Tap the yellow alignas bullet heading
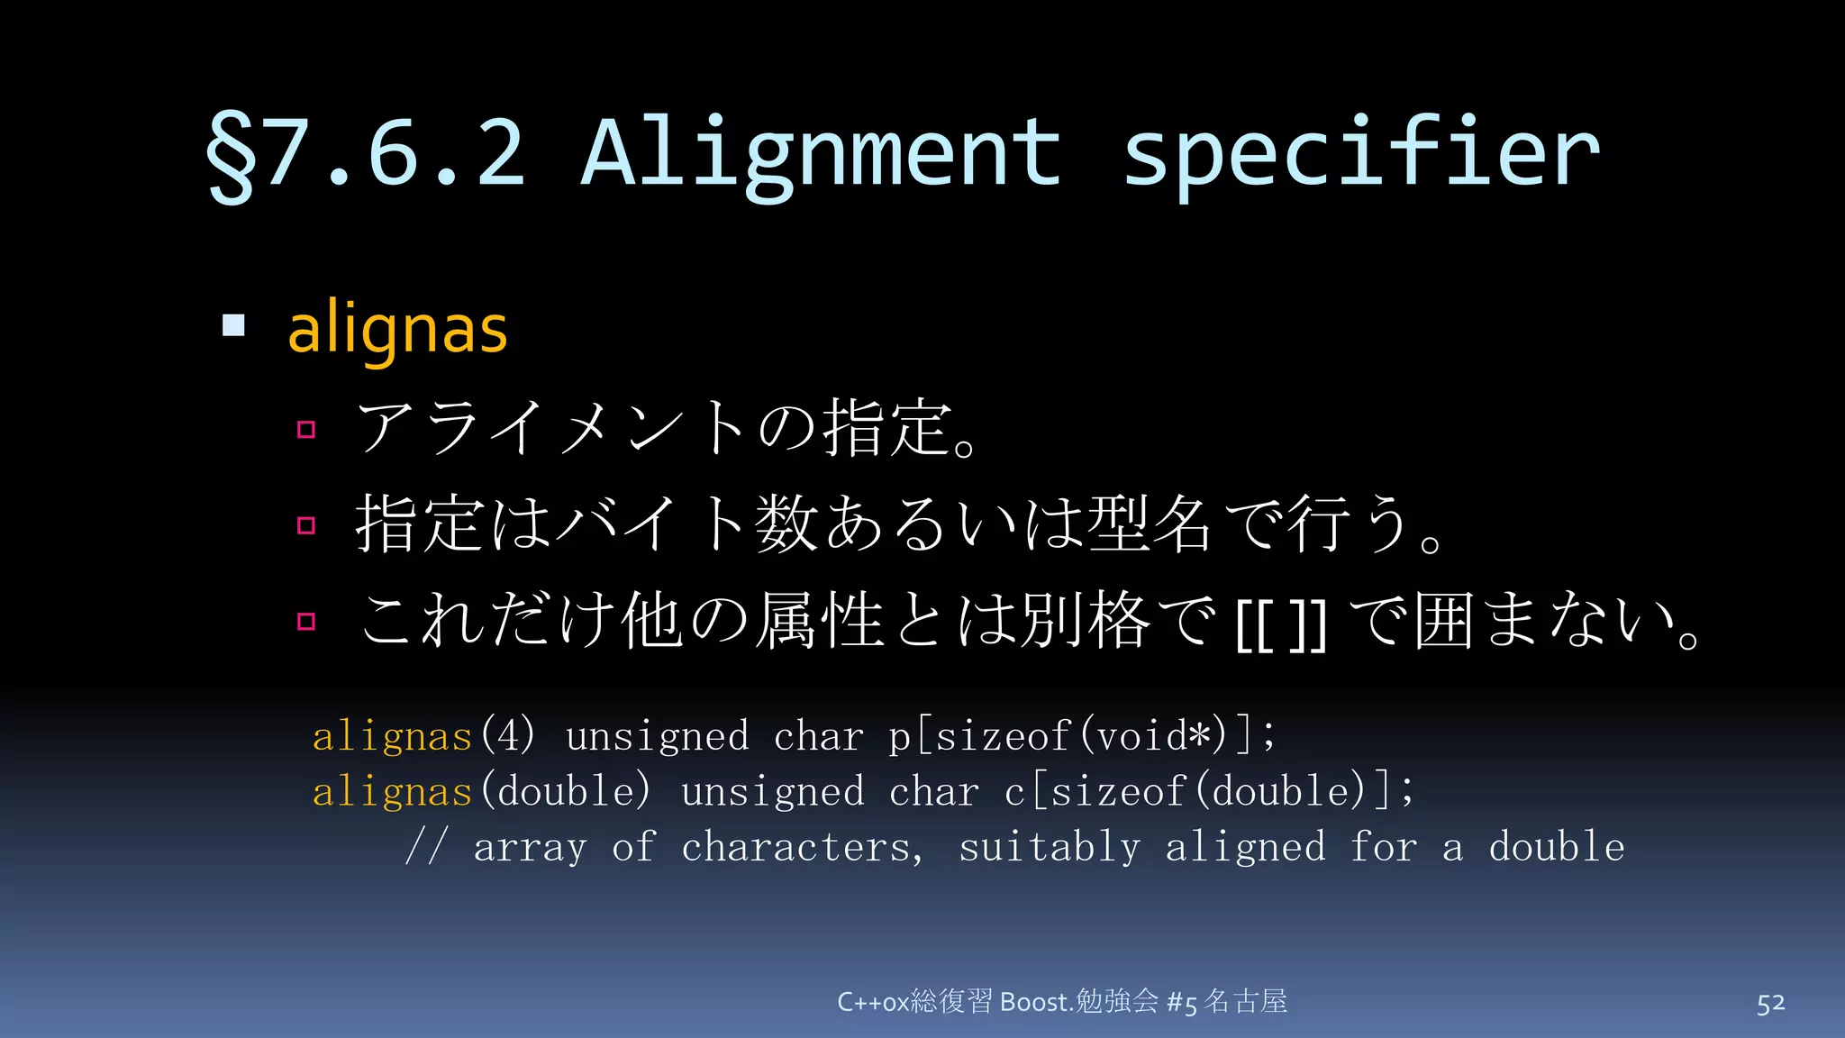397,329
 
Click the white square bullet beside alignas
233,325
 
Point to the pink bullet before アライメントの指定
306,429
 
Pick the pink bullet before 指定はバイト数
306,525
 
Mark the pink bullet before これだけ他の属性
306,622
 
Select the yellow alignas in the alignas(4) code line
392,737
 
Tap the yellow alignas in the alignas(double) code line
392,792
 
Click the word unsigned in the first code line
657,737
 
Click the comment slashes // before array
424,848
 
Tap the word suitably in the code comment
1049,848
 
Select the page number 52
1770,1003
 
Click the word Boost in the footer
1034,1002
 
